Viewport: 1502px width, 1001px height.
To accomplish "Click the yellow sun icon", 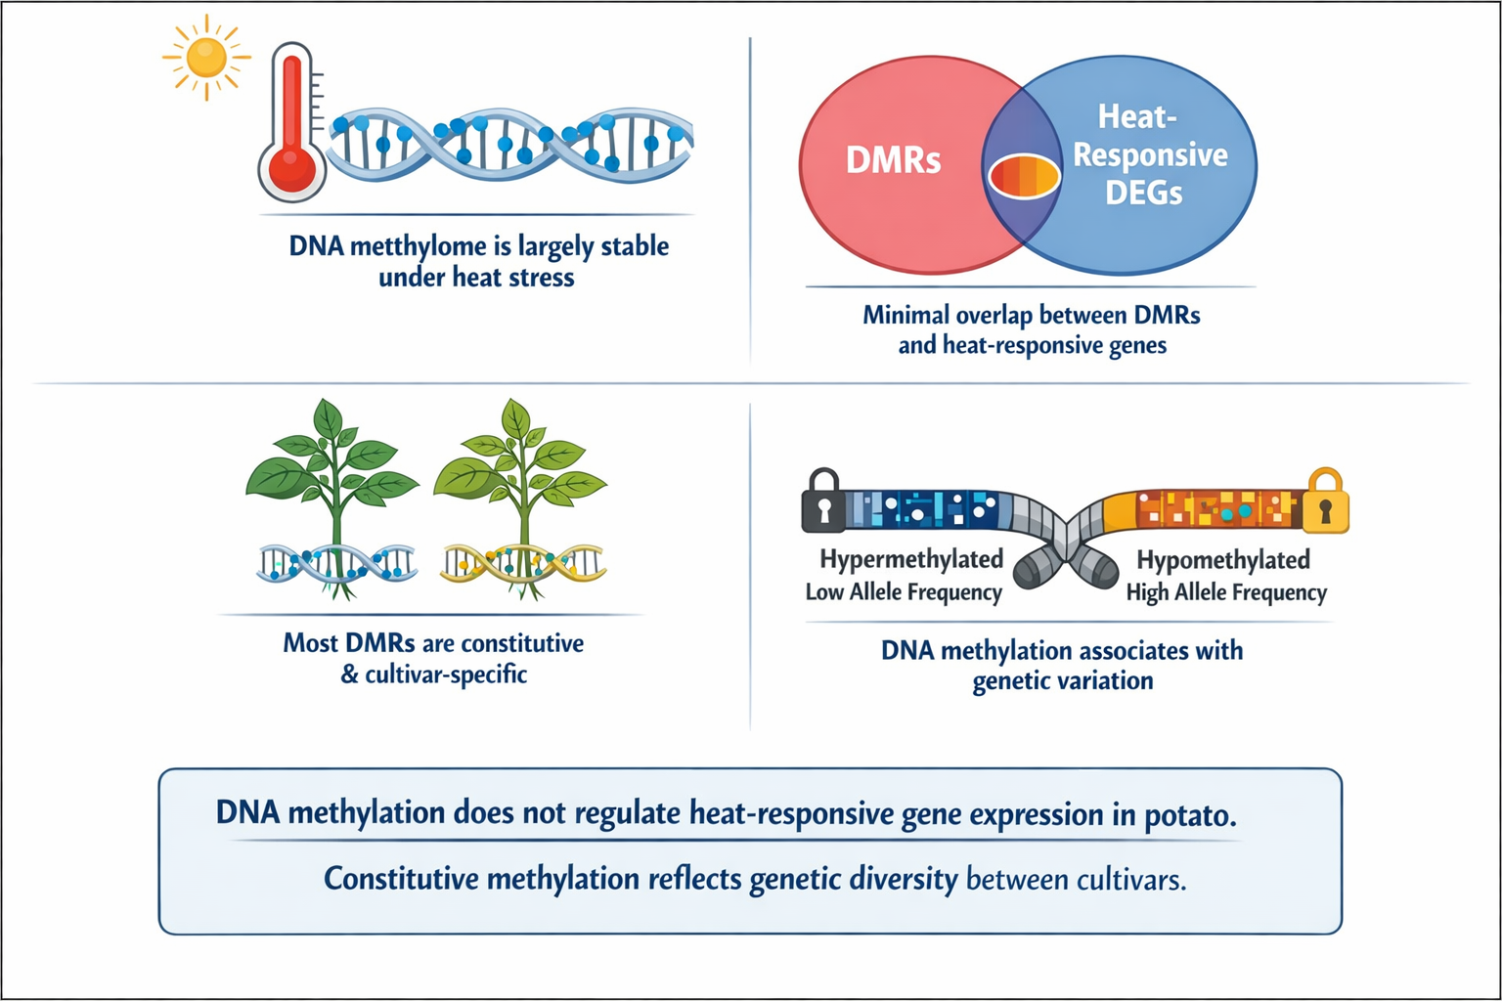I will [x=206, y=57].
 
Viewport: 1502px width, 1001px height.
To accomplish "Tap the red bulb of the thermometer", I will [x=291, y=165].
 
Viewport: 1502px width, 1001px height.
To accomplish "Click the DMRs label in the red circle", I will [x=893, y=159].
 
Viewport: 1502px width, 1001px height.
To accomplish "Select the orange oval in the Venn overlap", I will [x=1024, y=177].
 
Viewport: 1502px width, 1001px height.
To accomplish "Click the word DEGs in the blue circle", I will [x=1143, y=193].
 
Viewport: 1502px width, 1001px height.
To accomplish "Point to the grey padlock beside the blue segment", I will [x=822, y=500].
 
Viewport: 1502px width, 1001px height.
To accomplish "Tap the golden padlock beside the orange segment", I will [x=1326, y=500].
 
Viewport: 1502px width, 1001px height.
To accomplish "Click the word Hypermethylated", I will [x=911, y=559].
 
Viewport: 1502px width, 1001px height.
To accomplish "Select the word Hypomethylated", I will [x=1222, y=560].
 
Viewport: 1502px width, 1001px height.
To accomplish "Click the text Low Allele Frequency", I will [x=904, y=592].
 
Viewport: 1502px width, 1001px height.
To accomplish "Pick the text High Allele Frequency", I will [x=1226, y=592].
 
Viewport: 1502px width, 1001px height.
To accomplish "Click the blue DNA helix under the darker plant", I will [x=336, y=563].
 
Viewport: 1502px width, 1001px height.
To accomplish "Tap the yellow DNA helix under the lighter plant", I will [x=522, y=562].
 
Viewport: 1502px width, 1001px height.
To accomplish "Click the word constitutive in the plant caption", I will [x=522, y=643].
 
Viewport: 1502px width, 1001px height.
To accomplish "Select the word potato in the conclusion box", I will [x=1187, y=814].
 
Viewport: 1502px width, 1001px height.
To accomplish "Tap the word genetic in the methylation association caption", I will [x=1013, y=680].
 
